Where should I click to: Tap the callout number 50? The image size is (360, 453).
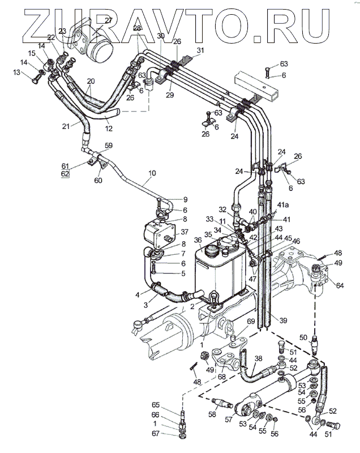[x=303, y=337]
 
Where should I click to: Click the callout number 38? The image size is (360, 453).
[x=258, y=360]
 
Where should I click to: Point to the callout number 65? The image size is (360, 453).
[x=171, y=405]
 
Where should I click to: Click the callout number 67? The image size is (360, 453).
[x=171, y=434]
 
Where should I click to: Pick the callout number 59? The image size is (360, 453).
[x=108, y=146]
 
